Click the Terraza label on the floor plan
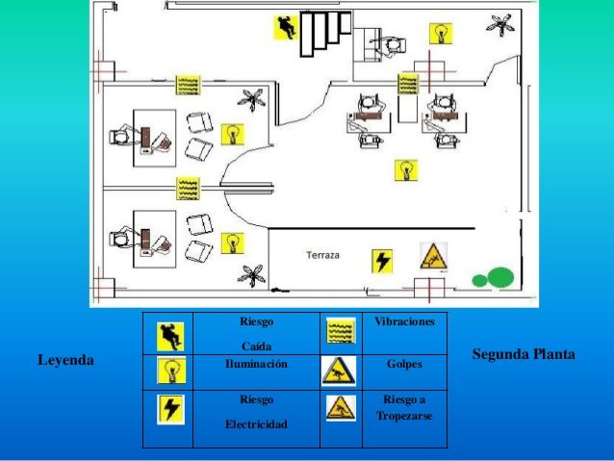point(322,255)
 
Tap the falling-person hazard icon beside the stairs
point(286,27)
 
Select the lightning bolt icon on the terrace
point(382,261)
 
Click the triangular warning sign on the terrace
point(433,257)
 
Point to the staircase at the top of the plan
point(326,34)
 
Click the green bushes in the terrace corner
point(493,278)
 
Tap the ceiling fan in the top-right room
point(500,24)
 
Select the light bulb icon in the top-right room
point(441,34)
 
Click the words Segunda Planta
point(524,354)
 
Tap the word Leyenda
point(65,360)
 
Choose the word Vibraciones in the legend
point(404,321)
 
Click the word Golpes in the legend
point(404,364)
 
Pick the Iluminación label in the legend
point(257,364)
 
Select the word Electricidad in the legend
point(257,424)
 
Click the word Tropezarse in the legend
point(404,416)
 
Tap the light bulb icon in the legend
point(171,371)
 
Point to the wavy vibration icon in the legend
point(341,330)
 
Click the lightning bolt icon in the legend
point(170,409)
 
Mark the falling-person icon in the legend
point(170,337)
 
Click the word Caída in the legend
point(257,346)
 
